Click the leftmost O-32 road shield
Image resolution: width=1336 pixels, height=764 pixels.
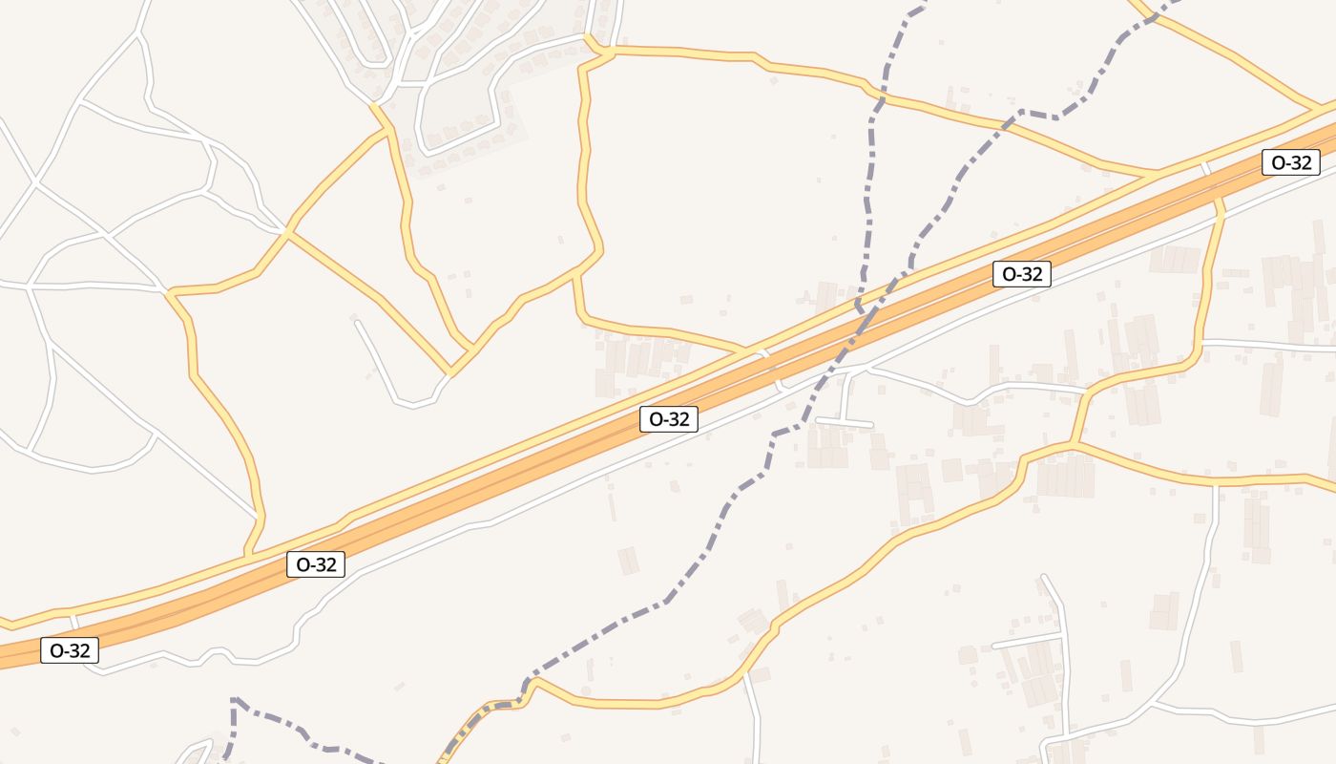[70, 651]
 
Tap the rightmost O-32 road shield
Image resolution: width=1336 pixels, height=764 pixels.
[1291, 162]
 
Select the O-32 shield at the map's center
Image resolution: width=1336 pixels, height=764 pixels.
[669, 418]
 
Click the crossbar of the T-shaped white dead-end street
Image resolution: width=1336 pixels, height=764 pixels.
[844, 421]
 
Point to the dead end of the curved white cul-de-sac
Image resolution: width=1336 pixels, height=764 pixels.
[358, 323]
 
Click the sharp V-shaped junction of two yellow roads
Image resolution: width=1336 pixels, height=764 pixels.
[450, 372]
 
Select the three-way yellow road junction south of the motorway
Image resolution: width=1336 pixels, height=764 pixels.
[1074, 444]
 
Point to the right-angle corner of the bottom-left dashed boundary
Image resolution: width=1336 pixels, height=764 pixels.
[234, 700]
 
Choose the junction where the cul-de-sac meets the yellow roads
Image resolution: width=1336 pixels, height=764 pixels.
[450, 372]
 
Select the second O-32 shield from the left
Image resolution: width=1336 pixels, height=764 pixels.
[316, 564]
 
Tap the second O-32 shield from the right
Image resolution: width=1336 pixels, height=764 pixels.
[1021, 274]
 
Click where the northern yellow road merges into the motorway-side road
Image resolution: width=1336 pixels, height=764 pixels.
[1155, 174]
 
